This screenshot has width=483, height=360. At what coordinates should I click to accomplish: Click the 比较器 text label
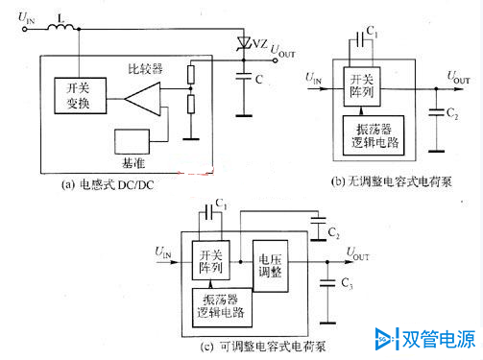tap(145, 69)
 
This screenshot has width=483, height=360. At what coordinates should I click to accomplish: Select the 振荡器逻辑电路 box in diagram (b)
tap(380, 135)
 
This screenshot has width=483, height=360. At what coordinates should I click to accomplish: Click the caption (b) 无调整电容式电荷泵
tap(393, 183)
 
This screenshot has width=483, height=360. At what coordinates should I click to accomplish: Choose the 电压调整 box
tap(270, 265)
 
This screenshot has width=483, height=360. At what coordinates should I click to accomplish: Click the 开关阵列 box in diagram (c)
tap(208, 262)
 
